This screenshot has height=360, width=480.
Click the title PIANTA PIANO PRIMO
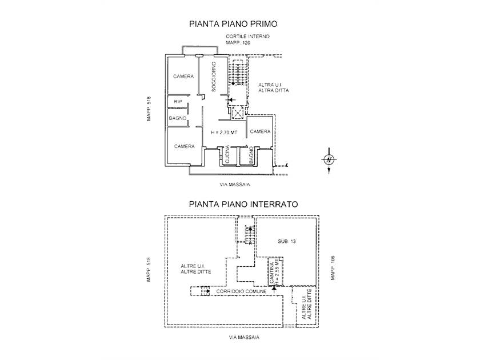[x=233, y=24]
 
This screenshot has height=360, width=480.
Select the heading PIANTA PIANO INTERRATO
[x=243, y=204]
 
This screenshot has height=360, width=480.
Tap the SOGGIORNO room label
[x=214, y=77]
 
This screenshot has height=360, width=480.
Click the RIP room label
[x=178, y=102]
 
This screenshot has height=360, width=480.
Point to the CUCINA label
[x=227, y=154]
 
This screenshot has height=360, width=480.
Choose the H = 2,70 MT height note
[x=224, y=133]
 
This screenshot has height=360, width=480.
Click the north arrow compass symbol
[x=329, y=160]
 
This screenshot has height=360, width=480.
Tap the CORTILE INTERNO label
[x=247, y=37]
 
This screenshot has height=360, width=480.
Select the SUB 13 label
[x=287, y=241]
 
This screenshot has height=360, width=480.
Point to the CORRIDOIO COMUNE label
[x=241, y=291]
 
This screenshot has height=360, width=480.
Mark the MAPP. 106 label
[x=333, y=267]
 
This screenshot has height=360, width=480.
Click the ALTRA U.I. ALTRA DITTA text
[x=274, y=87]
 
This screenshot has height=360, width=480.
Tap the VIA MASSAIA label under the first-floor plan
[x=235, y=185]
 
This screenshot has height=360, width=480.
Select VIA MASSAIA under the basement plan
[x=244, y=337]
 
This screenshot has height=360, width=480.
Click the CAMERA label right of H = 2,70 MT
[x=260, y=131]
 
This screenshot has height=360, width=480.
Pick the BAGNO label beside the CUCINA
[x=251, y=155]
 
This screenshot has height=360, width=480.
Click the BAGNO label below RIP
[x=178, y=118]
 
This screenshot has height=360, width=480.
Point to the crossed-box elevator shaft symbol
[x=237, y=112]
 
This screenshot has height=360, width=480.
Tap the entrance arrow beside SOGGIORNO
[x=230, y=100]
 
